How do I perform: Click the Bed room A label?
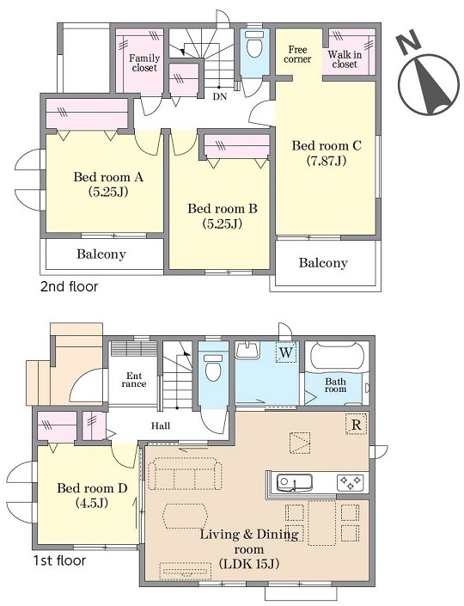tap(108, 178)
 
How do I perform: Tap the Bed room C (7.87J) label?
tap(327, 153)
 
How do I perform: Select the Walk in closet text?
tap(345, 59)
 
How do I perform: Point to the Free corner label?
tap(297, 54)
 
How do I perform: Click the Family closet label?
tap(144, 63)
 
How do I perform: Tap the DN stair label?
tap(219, 96)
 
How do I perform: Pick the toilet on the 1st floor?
tap(213, 367)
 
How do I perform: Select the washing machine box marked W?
tap(286, 352)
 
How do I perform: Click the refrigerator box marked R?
tap(356, 425)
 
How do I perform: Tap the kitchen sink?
tap(296, 483)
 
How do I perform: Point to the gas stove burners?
tap(350, 482)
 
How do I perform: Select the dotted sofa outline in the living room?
tap(185, 474)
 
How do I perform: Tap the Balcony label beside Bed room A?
tap(101, 254)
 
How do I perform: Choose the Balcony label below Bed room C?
tap(323, 263)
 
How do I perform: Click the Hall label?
tap(161, 425)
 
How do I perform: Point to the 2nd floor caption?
tap(69, 287)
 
